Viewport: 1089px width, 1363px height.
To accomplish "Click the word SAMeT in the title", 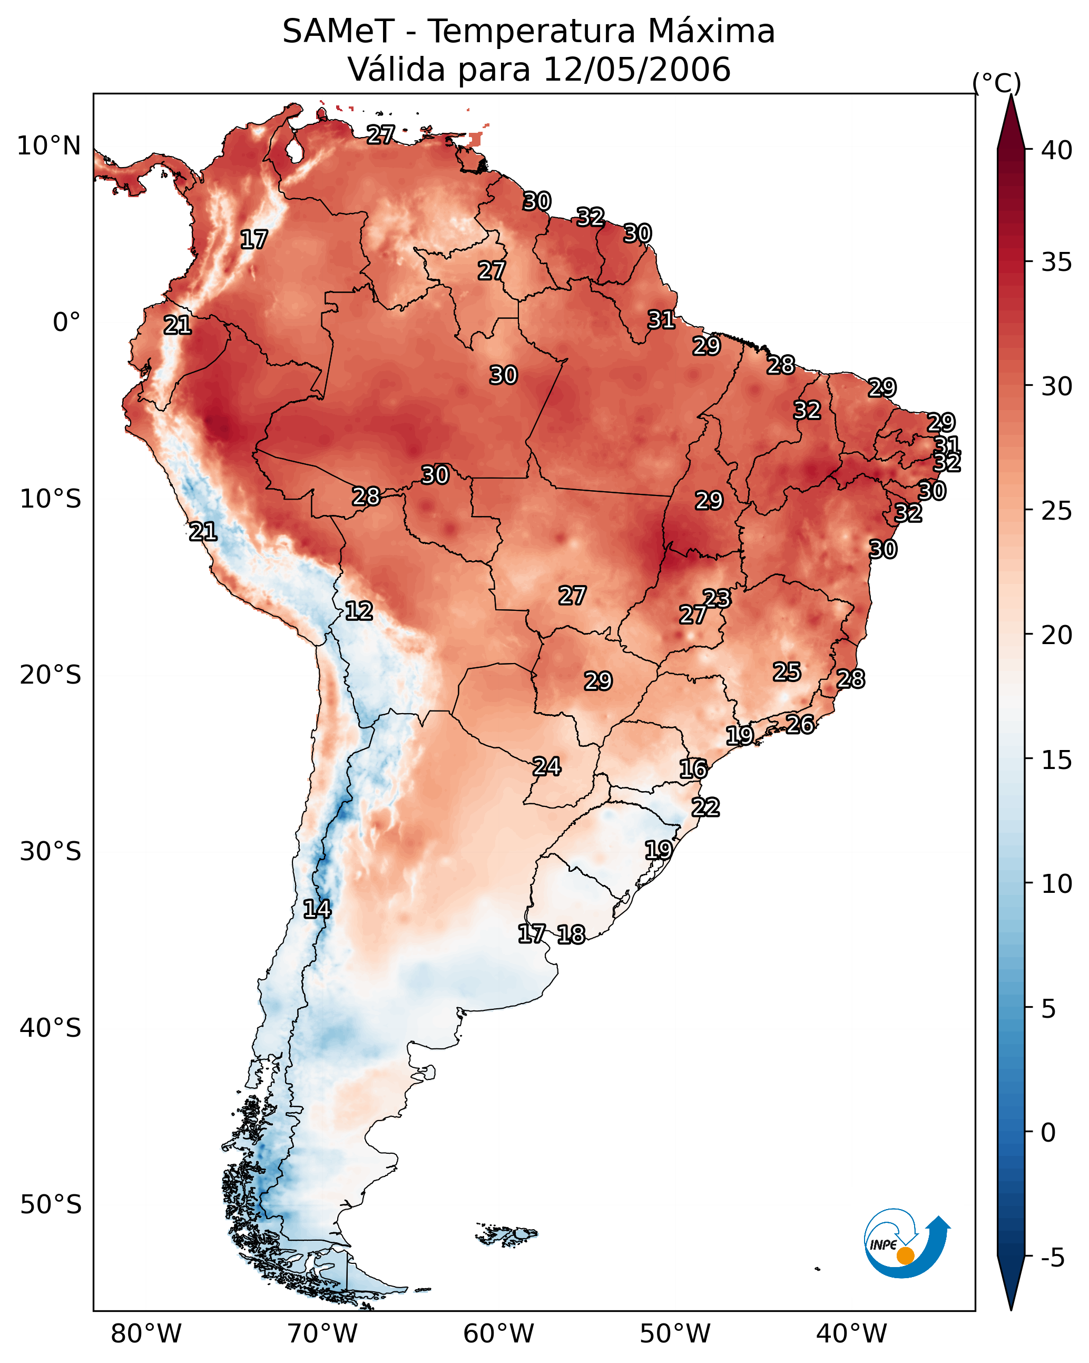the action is pyautogui.click(x=338, y=31).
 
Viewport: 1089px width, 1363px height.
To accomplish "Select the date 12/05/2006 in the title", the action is pyautogui.click(x=636, y=69).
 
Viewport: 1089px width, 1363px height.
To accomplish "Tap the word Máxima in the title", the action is pyautogui.click(x=708, y=31).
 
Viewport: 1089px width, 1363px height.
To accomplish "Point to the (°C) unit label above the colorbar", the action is pyautogui.click(x=997, y=83).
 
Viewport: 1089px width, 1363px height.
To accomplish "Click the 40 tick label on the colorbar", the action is pyautogui.click(x=1057, y=150).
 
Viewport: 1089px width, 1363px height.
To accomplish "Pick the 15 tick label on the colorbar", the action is pyautogui.click(x=1057, y=760).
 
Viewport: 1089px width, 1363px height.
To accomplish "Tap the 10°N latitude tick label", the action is pyautogui.click(x=48, y=145).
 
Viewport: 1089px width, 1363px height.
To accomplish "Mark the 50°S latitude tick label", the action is pyautogui.click(x=51, y=1205).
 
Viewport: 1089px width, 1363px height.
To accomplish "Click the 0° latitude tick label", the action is pyautogui.click(x=67, y=322).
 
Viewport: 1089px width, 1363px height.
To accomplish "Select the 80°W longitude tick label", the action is pyautogui.click(x=146, y=1333).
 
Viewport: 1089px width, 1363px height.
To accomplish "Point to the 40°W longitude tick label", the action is pyautogui.click(x=851, y=1333).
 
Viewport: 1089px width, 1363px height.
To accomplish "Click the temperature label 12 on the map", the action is pyautogui.click(x=359, y=611).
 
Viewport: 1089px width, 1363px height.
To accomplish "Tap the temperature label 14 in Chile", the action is pyautogui.click(x=317, y=909).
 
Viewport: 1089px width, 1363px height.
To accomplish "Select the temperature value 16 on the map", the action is pyautogui.click(x=693, y=769).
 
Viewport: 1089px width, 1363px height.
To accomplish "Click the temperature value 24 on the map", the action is pyautogui.click(x=547, y=766).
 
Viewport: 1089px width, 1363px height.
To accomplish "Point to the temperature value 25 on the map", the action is pyautogui.click(x=787, y=671).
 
